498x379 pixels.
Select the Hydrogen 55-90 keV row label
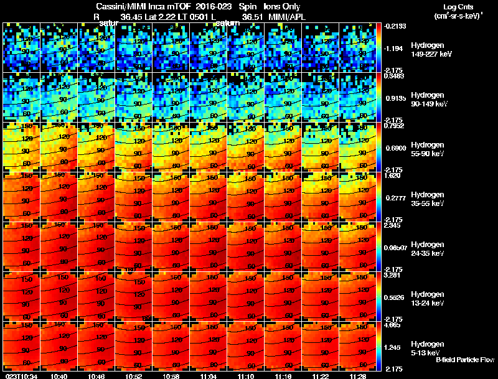(428, 149)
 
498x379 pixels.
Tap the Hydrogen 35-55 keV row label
(428, 199)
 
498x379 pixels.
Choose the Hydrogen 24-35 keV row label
(428, 249)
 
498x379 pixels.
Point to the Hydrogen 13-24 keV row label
(428, 298)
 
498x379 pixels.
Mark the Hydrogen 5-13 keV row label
(427, 348)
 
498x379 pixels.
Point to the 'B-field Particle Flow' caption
(465, 360)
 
